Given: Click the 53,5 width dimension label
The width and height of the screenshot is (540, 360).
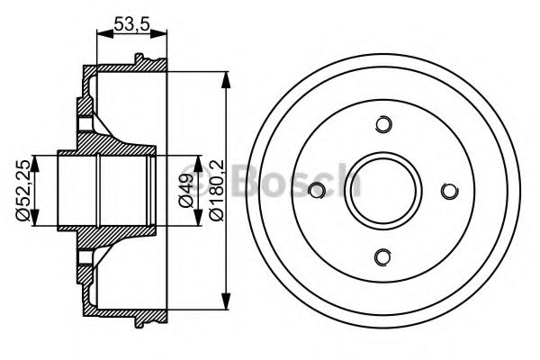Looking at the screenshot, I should [x=131, y=24].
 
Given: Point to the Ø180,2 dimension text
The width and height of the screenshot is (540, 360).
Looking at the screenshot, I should [x=214, y=189].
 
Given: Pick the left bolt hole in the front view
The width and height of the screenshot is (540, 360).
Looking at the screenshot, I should [x=316, y=190].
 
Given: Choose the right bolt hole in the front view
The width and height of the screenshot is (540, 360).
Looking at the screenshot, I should [x=449, y=190].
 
